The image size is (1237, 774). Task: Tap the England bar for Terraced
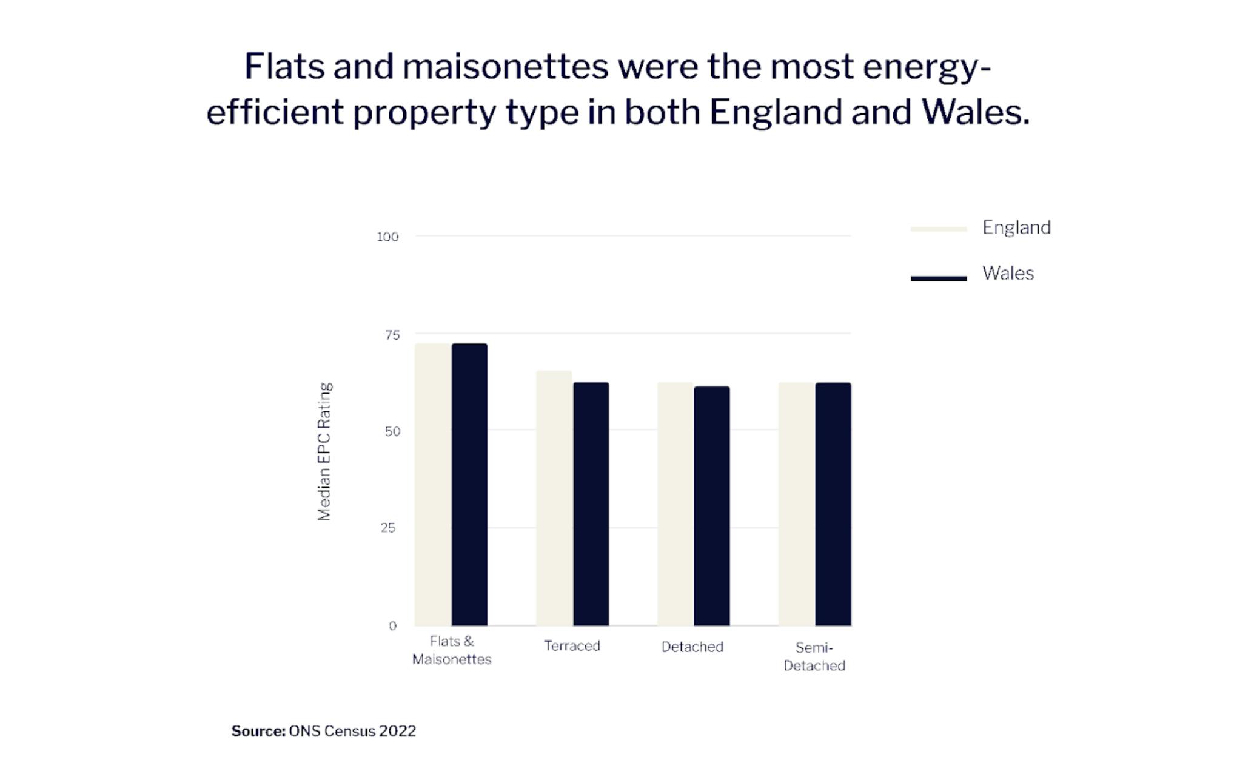click(x=554, y=497)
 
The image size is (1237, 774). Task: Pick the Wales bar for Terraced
click(x=591, y=503)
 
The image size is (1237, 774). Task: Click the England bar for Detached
click(x=675, y=503)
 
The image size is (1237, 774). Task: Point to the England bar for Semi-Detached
click(x=797, y=503)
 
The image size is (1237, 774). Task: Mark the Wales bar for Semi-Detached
click(x=833, y=503)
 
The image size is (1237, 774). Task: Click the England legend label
click(x=1016, y=227)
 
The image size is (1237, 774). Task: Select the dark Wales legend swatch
click(x=939, y=278)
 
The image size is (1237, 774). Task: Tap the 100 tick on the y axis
click(x=387, y=237)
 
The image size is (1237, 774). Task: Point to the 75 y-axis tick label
click(x=392, y=335)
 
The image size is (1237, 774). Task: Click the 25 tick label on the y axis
click(x=388, y=528)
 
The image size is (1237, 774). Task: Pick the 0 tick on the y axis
click(x=392, y=626)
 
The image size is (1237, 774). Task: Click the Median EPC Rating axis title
click(x=324, y=451)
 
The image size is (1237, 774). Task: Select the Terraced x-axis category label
click(x=572, y=646)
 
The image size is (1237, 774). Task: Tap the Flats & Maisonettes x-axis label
click(x=452, y=650)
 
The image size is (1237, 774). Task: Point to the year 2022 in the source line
click(x=397, y=732)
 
